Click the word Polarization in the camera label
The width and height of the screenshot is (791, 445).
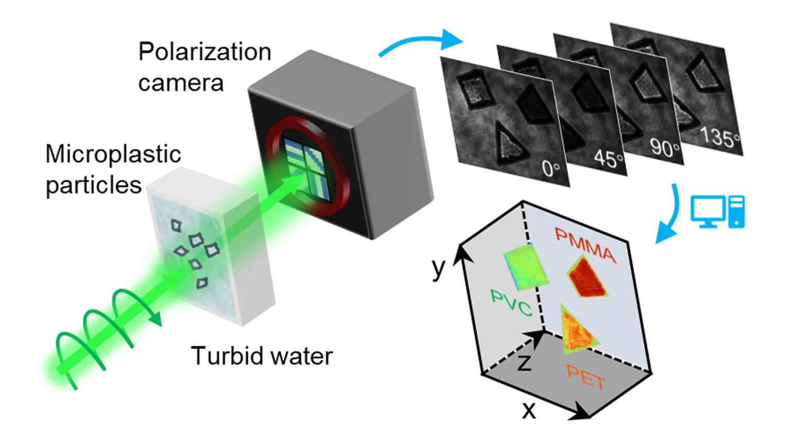(x=204, y=52)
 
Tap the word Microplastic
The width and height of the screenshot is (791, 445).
(x=113, y=154)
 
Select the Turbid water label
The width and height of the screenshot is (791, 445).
(x=262, y=356)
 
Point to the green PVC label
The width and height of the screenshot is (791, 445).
(x=511, y=303)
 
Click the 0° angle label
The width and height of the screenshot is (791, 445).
(x=551, y=168)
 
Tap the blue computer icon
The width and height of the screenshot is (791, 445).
(x=717, y=212)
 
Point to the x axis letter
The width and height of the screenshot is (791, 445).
(x=529, y=410)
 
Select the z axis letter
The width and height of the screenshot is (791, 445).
(x=524, y=362)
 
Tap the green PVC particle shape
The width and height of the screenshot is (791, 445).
(x=525, y=267)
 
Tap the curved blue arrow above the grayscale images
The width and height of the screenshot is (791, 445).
(x=420, y=42)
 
